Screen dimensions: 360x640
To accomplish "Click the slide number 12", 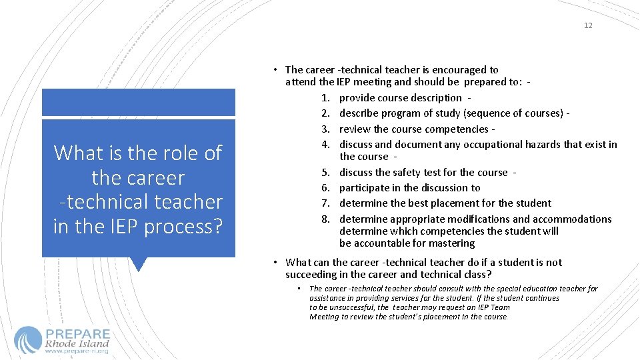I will pyautogui.click(x=587, y=25).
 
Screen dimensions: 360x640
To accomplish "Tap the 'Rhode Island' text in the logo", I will pyautogui.click(x=77, y=344).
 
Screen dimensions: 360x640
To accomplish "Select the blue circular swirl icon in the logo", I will pyautogui.click(x=27, y=339).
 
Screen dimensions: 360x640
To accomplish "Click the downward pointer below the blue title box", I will pyautogui.click(x=139, y=265).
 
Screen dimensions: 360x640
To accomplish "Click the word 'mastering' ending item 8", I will pyautogui.click(x=451, y=243).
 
